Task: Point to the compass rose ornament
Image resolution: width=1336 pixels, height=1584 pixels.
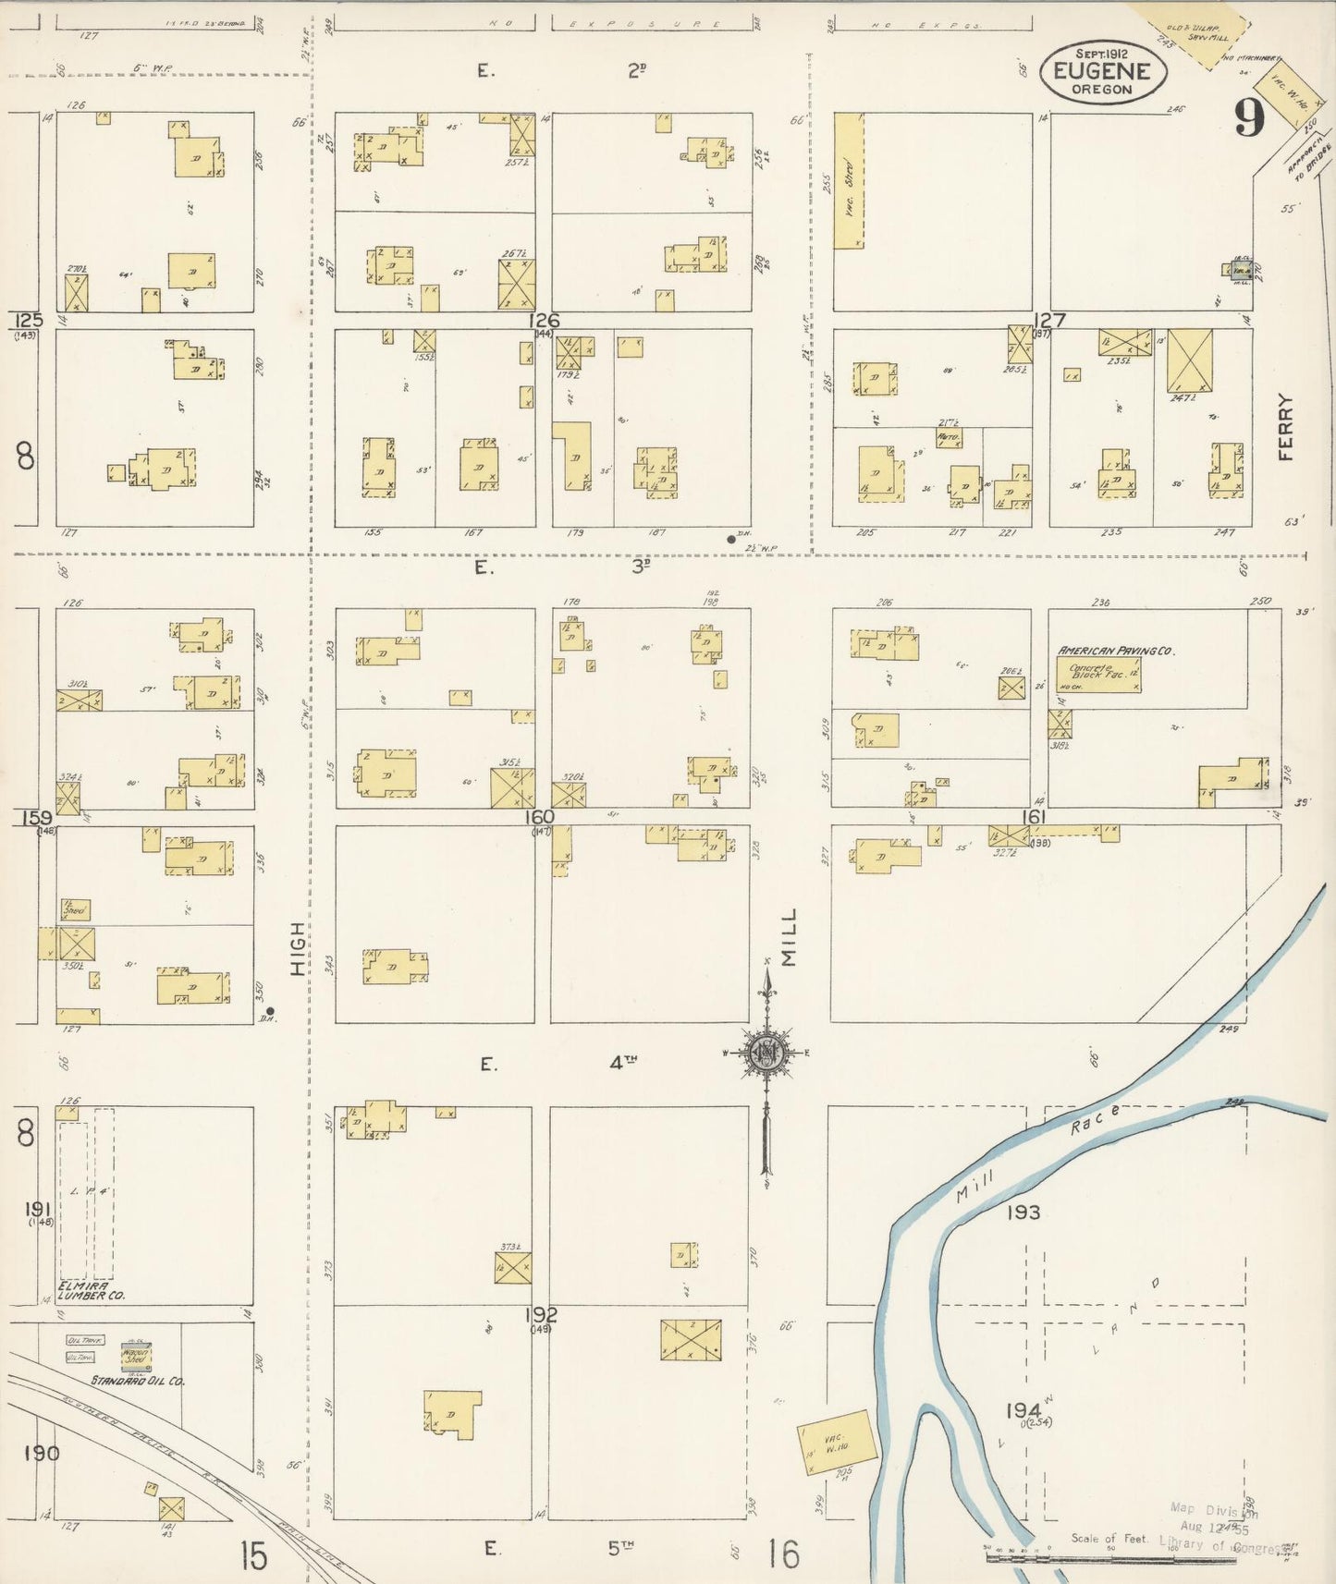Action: click(766, 1053)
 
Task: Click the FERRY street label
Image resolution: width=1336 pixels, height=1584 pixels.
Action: click(1288, 427)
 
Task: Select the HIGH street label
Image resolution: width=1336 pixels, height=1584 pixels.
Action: click(297, 948)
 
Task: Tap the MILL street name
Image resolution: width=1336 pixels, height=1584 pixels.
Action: click(789, 936)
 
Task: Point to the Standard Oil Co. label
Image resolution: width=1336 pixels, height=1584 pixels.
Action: click(138, 1381)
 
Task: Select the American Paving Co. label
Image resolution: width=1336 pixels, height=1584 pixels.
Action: click(1115, 651)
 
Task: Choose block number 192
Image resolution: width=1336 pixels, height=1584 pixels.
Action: click(542, 1314)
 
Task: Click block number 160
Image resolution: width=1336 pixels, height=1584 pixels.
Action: click(539, 816)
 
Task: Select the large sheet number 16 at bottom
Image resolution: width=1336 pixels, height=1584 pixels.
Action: click(782, 1554)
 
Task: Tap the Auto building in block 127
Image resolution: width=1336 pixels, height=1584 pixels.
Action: click(948, 437)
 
